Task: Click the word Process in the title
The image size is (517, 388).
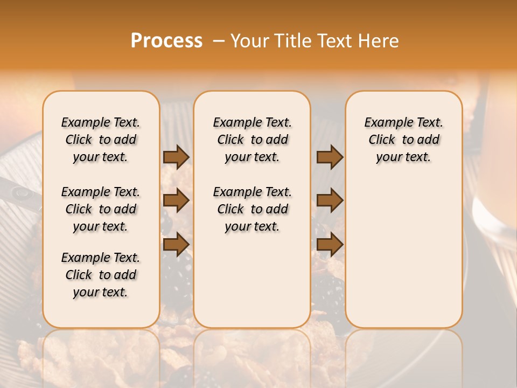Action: [166, 41]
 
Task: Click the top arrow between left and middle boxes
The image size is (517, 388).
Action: [176, 157]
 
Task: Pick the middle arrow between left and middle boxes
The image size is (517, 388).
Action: [176, 200]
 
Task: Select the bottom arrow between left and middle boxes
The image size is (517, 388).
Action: [176, 244]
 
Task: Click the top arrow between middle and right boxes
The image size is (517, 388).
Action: [330, 157]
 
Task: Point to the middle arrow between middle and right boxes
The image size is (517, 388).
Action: [330, 200]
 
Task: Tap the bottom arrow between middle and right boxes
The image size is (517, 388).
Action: [330, 244]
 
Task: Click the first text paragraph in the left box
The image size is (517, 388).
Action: [101, 140]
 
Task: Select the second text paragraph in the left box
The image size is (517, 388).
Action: [101, 209]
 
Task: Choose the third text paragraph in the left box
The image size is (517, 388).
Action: [101, 275]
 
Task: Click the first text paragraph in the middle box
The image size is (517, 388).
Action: [252, 140]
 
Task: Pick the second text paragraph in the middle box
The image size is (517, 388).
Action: [252, 209]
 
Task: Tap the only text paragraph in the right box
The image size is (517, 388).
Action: [404, 140]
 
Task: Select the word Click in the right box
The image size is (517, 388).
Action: [382, 140]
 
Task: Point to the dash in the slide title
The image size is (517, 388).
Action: [219, 41]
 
